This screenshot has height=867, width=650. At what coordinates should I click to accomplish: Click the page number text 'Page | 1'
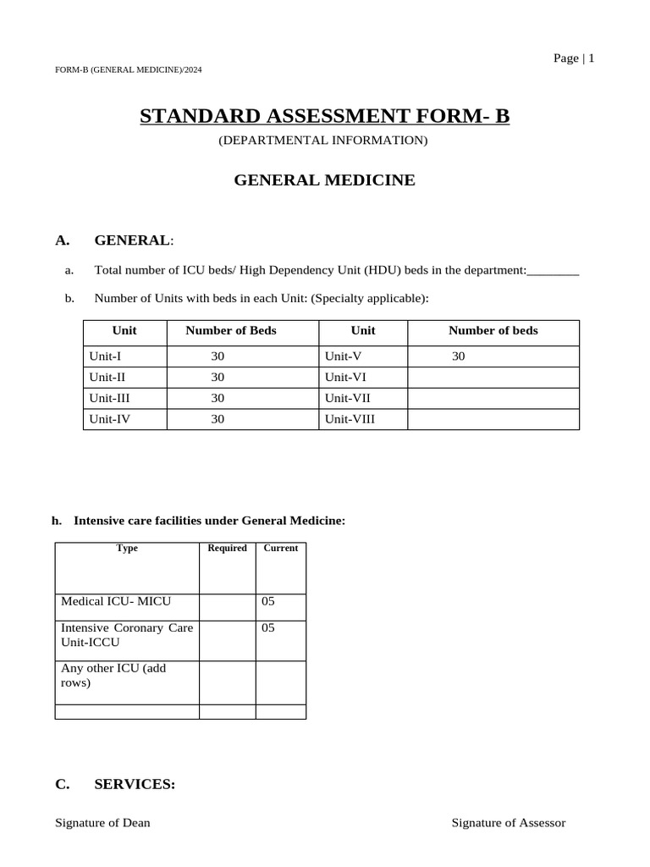[x=574, y=58]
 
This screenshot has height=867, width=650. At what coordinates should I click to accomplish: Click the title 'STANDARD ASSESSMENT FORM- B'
[x=324, y=116]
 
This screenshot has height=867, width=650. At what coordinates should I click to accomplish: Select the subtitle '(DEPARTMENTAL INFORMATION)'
[x=323, y=140]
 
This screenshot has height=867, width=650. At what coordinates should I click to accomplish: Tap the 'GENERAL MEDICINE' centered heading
[x=324, y=180]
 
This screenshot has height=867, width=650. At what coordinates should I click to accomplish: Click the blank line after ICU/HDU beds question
[x=553, y=272]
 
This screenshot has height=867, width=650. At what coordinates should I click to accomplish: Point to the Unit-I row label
[x=105, y=356]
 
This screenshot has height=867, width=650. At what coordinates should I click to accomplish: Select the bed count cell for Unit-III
[x=218, y=397]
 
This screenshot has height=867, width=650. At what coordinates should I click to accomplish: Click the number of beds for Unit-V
[x=459, y=356]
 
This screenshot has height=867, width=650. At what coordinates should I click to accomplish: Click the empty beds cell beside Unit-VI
[x=493, y=377]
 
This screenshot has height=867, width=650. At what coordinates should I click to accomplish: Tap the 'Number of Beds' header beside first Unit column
[x=231, y=330]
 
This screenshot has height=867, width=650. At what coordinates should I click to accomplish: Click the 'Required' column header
[x=228, y=549]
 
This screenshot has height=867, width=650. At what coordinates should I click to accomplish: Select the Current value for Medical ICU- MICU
[x=269, y=601]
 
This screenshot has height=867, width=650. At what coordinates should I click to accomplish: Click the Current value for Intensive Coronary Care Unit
[x=269, y=628]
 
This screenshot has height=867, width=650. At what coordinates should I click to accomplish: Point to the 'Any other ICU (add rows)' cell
[x=114, y=675]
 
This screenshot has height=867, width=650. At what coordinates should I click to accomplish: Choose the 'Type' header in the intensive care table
[x=127, y=549]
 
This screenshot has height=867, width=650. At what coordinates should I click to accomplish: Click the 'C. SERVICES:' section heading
[x=115, y=785]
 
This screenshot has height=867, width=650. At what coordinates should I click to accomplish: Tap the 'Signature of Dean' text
[x=102, y=823]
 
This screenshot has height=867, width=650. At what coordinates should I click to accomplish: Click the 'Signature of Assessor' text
[x=508, y=823]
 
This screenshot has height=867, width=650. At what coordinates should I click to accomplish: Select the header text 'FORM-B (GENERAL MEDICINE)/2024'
[x=128, y=69]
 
